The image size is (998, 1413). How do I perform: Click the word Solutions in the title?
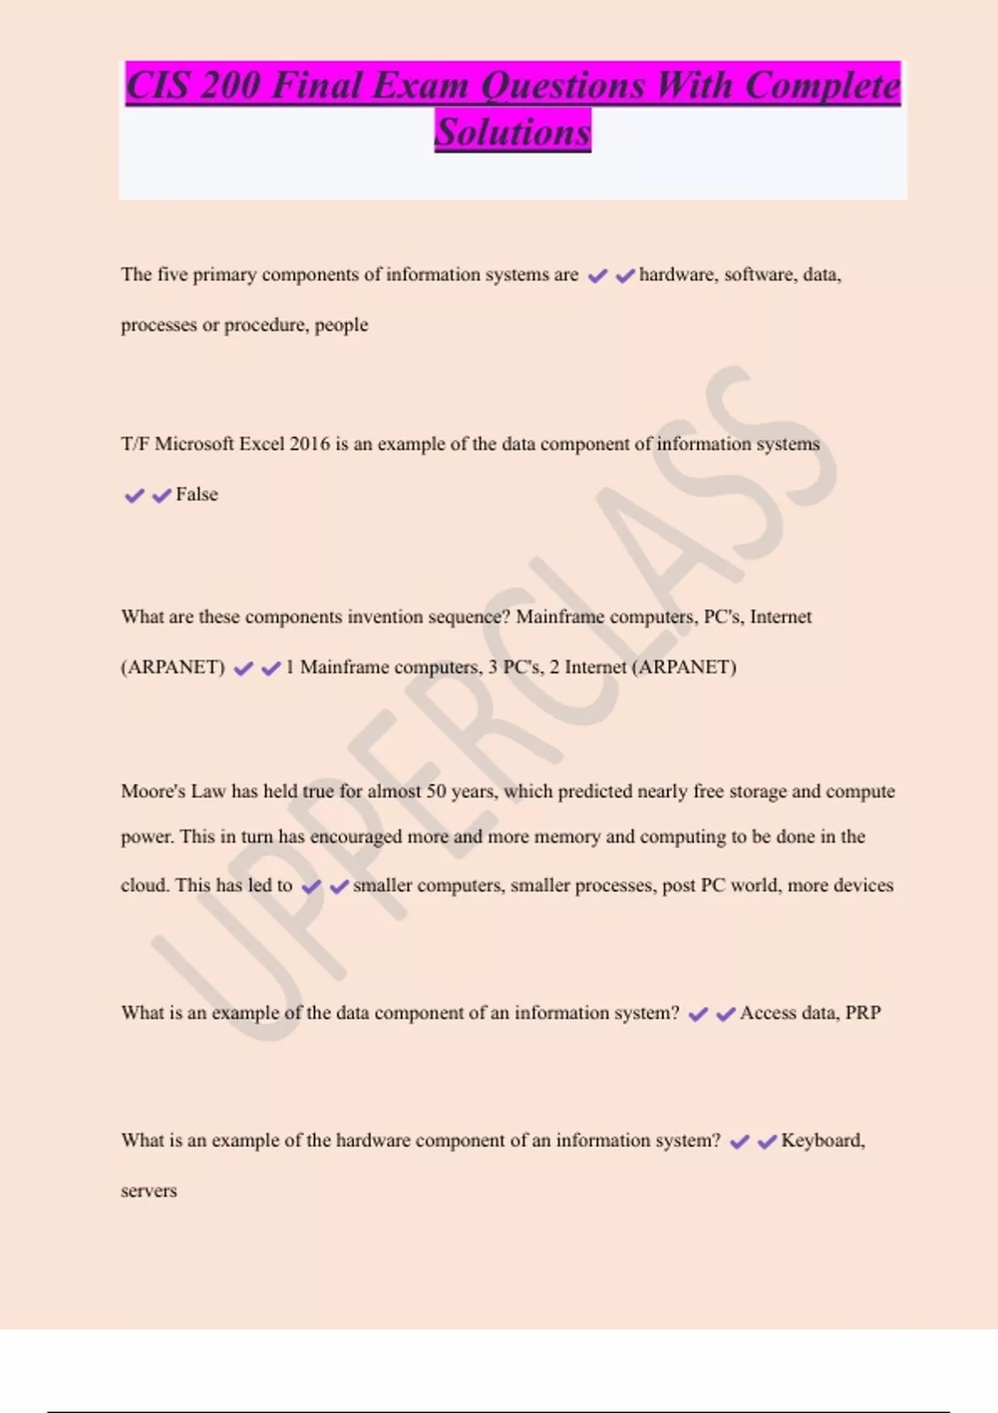point(512,132)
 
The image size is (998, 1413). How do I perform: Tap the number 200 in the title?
point(230,86)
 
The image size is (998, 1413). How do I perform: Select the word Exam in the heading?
point(421,86)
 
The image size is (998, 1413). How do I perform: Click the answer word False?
point(197,495)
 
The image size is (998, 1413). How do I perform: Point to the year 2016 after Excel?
point(309,444)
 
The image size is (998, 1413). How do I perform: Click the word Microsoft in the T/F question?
point(194,444)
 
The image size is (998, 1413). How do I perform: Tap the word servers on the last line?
point(149,1191)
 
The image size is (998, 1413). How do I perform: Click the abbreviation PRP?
point(862,1013)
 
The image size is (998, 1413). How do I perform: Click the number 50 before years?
point(437,791)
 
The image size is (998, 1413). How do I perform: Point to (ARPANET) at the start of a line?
point(173,667)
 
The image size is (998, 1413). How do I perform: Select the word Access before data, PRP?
point(768,1013)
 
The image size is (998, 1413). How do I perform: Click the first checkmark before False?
point(134,496)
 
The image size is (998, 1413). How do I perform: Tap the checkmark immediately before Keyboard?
point(767,1142)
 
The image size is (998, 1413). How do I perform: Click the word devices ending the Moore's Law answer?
point(865,885)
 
